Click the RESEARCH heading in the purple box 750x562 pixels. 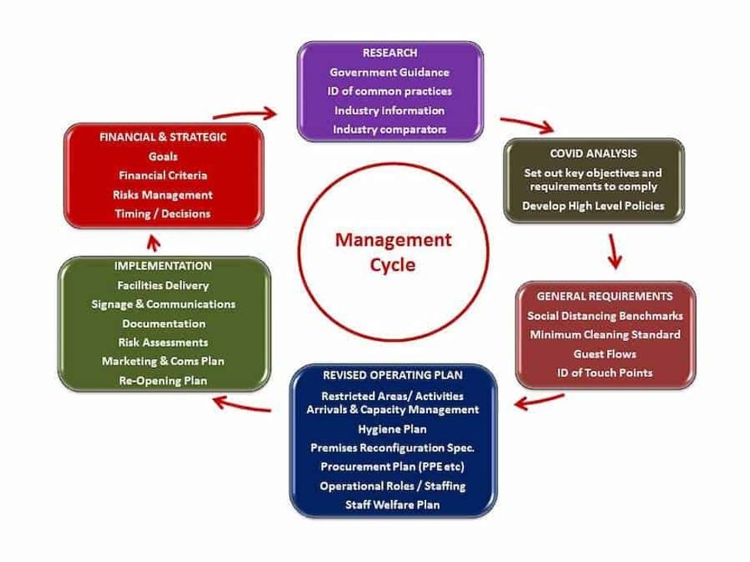390,53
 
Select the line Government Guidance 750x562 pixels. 390,72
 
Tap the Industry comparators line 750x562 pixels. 390,129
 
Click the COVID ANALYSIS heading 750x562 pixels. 593,154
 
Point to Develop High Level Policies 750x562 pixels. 593,206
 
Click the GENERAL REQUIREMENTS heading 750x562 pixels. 605,296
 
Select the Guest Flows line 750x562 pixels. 605,353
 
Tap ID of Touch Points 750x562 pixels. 605,372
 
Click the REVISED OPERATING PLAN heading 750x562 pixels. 393,375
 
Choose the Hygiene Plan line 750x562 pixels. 393,429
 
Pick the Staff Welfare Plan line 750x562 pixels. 393,505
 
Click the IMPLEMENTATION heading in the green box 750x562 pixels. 163,266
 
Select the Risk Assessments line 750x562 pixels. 163,342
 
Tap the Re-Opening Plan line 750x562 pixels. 163,380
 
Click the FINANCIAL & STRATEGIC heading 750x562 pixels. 163,137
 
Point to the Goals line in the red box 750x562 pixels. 163,156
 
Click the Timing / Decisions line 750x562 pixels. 163,213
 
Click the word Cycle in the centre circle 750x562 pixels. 393,265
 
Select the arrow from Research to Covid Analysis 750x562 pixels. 529,125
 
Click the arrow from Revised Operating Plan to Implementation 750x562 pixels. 241,404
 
